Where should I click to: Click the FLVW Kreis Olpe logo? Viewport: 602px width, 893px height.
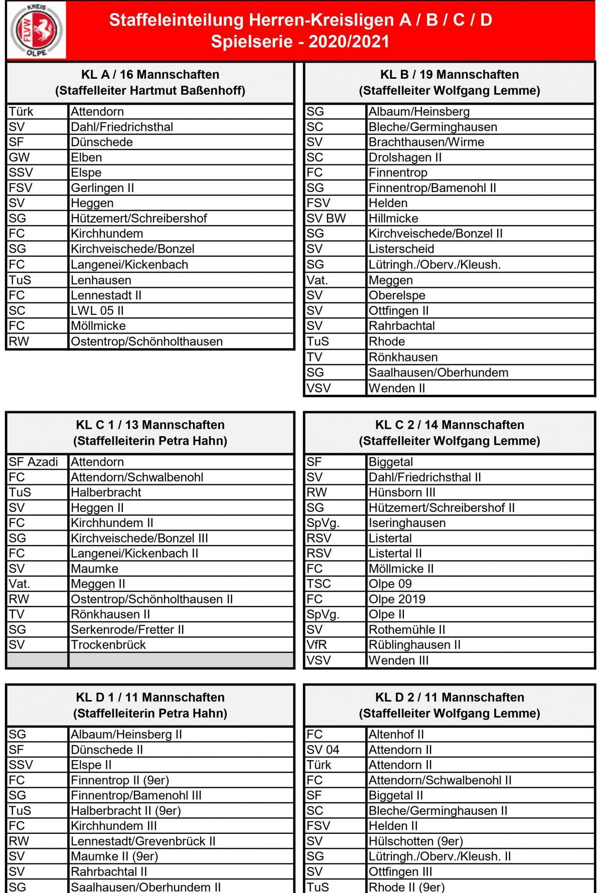tap(37, 31)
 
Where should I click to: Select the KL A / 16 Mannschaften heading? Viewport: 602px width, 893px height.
tap(150, 75)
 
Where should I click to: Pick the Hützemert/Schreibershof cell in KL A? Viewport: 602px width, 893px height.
tap(139, 219)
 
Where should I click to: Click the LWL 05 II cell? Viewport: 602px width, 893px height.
tap(97, 311)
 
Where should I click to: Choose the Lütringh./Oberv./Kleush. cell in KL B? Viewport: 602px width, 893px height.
tap(434, 265)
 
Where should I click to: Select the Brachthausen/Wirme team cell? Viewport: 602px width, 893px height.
tap(426, 142)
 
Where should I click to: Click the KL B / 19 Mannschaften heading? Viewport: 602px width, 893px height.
tap(449, 75)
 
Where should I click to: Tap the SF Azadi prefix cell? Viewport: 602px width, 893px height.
tap(34, 462)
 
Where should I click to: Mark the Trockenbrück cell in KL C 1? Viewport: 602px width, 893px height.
tap(108, 645)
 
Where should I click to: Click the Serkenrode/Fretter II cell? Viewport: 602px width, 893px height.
tap(127, 630)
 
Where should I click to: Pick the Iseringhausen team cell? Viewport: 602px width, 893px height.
tap(407, 523)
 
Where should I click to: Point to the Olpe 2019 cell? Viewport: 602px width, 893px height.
tap(397, 599)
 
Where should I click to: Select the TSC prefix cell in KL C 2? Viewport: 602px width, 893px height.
tap(319, 584)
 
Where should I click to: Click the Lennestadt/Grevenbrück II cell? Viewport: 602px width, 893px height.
tap(143, 841)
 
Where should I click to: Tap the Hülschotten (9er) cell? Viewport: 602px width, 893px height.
tap(416, 841)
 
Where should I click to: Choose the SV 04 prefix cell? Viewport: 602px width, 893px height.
tap(323, 750)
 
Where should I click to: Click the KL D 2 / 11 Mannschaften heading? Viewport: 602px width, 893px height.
tap(449, 697)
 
